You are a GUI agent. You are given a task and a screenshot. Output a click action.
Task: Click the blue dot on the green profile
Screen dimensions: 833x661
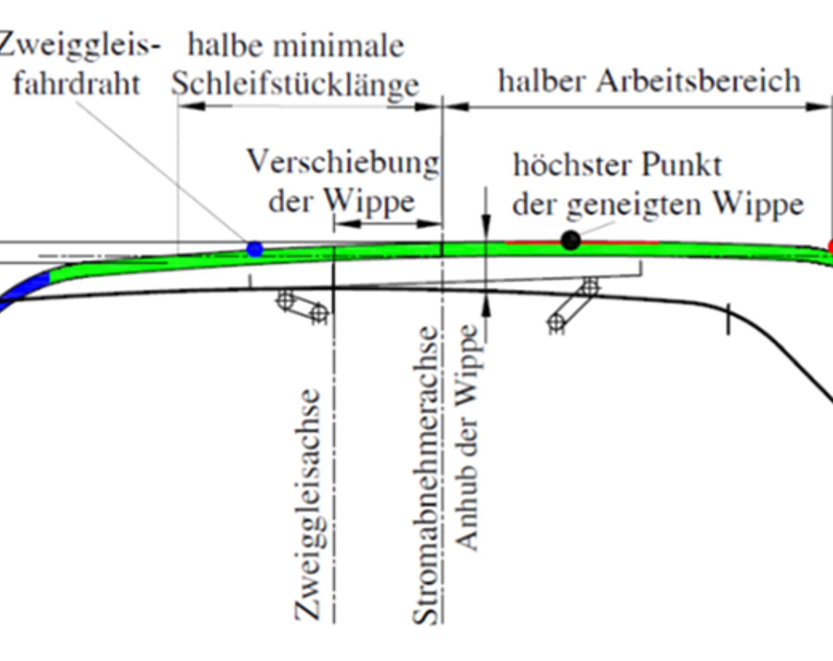pyautogui.click(x=255, y=249)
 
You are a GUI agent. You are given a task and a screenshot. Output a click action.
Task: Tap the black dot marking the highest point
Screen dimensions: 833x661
pyautogui.click(x=571, y=240)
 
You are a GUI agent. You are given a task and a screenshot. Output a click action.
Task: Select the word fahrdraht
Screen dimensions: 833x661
pyautogui.click(x=77, y=83)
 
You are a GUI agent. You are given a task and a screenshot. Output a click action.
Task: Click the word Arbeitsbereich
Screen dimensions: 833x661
pyautogui.click(x=698, y=81)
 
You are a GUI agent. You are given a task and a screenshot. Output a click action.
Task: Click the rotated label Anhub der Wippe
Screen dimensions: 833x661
pyautogui.click(x=466, y=437)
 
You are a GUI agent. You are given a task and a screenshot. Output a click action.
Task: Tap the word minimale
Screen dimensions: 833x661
pyautogui.click(x=339, y=46)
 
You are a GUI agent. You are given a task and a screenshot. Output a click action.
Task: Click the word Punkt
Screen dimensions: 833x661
pyautogui.click(x=681, y=164)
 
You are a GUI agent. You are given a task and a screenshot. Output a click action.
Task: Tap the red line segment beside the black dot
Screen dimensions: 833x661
pyautogui.click(x=582, y=243)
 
